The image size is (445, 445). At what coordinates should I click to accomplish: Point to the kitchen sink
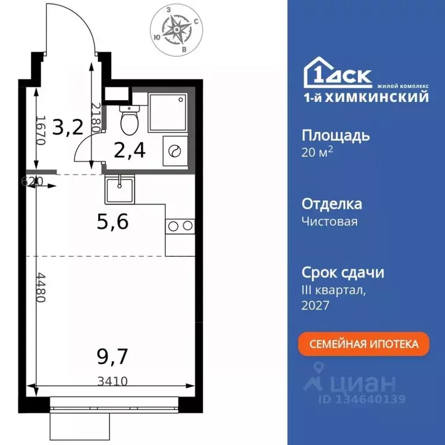[x=119, y=189]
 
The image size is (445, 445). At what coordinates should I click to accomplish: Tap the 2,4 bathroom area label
[x=129, y=151]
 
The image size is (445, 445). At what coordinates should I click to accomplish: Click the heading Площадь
[x=335, y=136]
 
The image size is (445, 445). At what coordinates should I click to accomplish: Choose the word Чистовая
[x=330, y=221]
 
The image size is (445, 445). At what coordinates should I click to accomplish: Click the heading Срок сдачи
[x=343, y=272]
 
